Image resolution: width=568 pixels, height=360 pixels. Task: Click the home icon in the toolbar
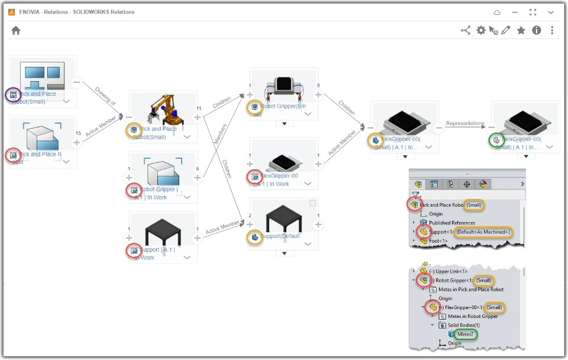pyautogui.click(x=16, y=31)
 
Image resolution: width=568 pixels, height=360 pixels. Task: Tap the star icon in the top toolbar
pyautogui.click(x=521, y=31)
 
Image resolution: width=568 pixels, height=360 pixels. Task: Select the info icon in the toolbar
pyautogui.click(x=537, y=31)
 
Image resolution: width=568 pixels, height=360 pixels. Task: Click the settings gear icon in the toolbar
pyautogui.click(x=481, y=31)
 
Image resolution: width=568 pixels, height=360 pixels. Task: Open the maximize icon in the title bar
pyautogui.click(x=533, y=12)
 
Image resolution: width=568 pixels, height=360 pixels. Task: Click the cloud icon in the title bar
pyautogui.click(x=497, y=12)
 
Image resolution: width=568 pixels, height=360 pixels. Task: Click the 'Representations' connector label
pyautogui.click(x=465, y=124)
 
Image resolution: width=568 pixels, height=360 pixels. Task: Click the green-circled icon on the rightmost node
pyautogui.click(x=496, y=140)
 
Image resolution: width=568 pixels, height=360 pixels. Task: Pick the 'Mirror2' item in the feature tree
pyautogui.click(x=464, y=335)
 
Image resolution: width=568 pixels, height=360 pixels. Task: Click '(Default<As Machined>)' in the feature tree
pyautogui.click(x=483, y=232)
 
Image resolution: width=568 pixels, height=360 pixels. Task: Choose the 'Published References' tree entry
pyautogui.click(x=452, y=223)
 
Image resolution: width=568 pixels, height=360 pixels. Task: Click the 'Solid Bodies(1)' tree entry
pyautogui.click(x=464, y=325)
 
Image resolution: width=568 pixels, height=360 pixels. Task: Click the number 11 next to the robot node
pyautogui.click(x=198, y=108)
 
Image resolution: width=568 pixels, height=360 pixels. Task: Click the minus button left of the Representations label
pyautogui.click(x=439, y=127)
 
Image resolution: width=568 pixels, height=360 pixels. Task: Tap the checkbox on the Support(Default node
pyautogui.click(x=312, y=204)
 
